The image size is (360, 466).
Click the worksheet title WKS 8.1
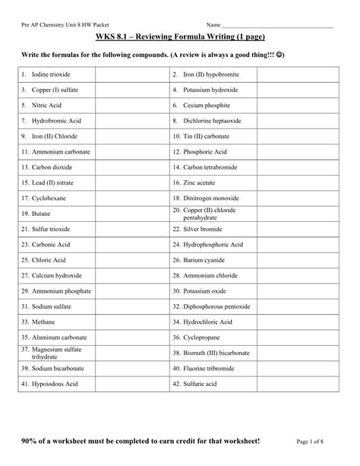pyautogui.click(x=179, y=37)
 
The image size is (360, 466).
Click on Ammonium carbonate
pyautogui.click(x=60, y=151)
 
